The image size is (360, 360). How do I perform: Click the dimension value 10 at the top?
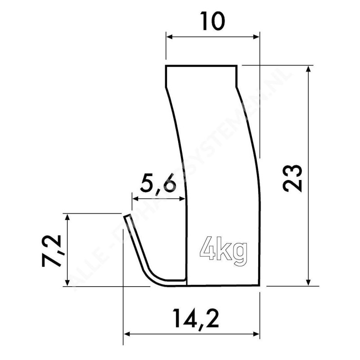[212, 22]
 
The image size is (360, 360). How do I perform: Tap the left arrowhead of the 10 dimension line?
[169, 37]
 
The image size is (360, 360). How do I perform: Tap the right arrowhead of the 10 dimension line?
[257, 37]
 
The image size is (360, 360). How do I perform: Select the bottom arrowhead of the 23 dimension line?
[308, 282]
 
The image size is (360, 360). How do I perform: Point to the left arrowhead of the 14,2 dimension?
[126, 334]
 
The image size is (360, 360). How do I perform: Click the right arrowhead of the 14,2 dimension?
[257, 334]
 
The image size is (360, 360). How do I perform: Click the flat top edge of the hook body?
[201, 66]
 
